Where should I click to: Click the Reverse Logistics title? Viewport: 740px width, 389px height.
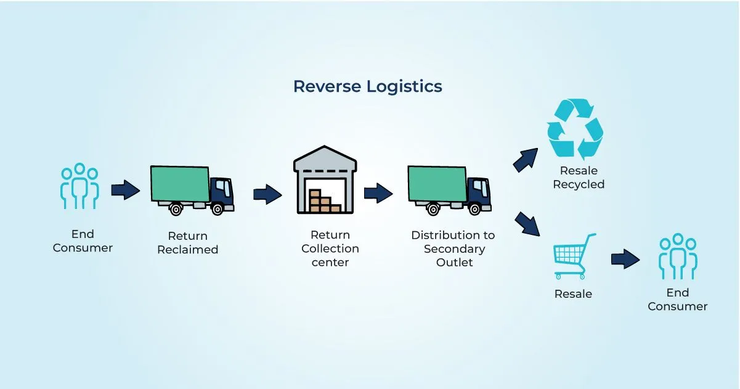[x=367, y=86]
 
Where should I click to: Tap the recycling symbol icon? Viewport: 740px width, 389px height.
[x=575, y=130]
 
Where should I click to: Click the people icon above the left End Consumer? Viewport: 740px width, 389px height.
[x=79, y=186]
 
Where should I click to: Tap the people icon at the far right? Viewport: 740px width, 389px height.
[x=678, y=256]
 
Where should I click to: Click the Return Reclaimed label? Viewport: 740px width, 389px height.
[x=187, y=243]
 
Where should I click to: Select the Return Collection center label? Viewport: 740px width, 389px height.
[x=330, y=248]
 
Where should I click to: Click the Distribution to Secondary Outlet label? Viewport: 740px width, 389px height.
[x=453, y=248]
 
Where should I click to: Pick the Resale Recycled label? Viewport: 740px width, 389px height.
[x=578, y=178]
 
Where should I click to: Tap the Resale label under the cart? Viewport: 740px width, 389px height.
[x=573, y=294]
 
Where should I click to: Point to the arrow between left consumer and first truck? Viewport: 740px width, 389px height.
[x=126, y=190]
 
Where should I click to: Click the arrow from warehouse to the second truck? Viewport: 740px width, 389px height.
[x=378, y=194]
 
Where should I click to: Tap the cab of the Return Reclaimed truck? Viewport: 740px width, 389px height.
[x=222, y=192]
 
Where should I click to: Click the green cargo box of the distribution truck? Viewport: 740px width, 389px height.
[x=437, y=184]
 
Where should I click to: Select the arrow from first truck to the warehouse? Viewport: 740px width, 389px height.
[x=267, y=195]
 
